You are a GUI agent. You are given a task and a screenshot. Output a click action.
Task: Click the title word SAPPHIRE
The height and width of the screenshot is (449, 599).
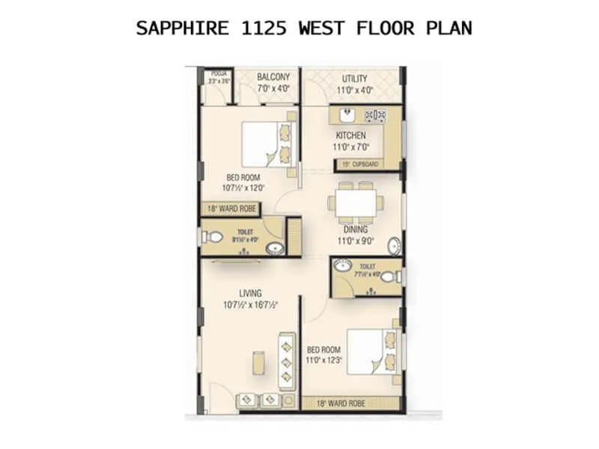pyautogui.click(x=175, y=29)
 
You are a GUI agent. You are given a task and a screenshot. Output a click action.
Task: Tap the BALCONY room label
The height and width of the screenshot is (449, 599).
pyautogui.click(x=273, y=77)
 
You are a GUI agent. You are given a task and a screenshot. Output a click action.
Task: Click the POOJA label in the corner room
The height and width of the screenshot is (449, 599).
pyautogui.click(x=219, y=73)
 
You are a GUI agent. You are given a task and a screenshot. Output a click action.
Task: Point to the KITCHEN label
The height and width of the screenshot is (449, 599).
pyautogui.click(x=350, y=135)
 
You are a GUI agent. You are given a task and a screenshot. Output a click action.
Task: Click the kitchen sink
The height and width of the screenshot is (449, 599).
pyautogui.click(x=347, y=115)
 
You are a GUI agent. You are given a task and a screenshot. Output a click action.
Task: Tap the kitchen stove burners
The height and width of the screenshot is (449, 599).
pyautogui.click(x=374, y=115)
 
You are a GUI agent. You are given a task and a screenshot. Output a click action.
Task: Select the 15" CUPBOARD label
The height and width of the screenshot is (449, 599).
pyautogui.click(x=360, y=164)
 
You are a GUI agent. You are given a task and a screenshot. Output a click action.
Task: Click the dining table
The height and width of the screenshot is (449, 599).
pyautogui.click(x=356, y=202)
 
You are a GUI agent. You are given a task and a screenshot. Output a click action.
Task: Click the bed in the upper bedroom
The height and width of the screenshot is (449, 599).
pyautogui.click(x=260, y=144)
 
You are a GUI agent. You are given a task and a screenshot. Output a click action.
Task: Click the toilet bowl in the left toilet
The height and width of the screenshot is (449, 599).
pyautogui.click(x=213, y=238)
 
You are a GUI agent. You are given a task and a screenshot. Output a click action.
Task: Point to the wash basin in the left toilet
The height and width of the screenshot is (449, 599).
pyautogui.click(x=275, y=248)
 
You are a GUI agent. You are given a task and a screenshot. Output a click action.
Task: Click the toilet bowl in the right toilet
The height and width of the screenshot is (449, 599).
pyautogui.click(x=388, y=277)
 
